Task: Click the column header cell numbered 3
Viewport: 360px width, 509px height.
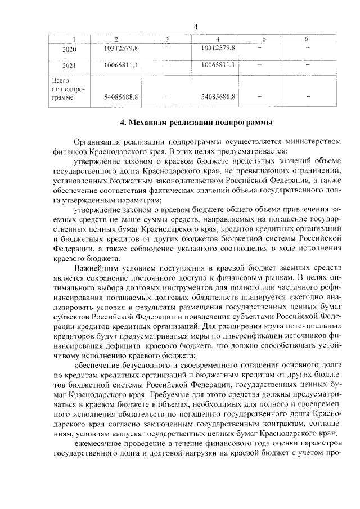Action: pos(166,39)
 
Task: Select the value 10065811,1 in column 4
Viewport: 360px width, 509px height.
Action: pos(218,65)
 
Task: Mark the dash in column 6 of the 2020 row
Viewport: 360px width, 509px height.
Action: pos(307,49)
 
